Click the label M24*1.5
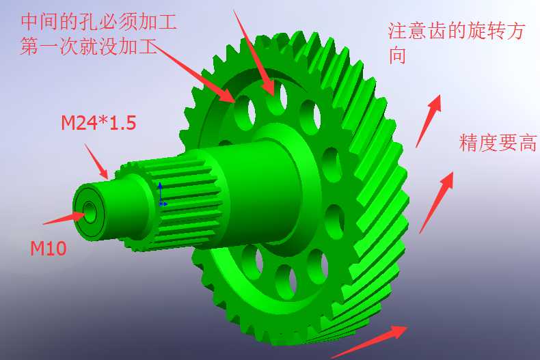coord(98,123)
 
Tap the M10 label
coord(49,249)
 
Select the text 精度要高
coord(498,143)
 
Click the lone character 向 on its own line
coord(396,55)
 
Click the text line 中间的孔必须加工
coord(99,22)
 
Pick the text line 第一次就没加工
coord(89,46)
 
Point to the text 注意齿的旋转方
coord(457,31)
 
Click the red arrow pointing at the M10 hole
coord(64,218)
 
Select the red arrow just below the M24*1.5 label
coord(96,162)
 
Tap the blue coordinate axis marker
coord(161,195)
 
